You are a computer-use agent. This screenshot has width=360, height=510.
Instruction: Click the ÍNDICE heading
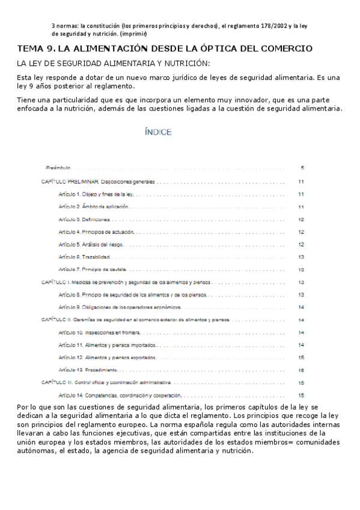pyautogui.click(x=158, y=132)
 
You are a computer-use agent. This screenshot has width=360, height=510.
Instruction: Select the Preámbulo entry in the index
pyautogui.click(x=58, y=167)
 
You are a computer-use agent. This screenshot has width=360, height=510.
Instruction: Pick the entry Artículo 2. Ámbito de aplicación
pyautogui.click(x=93, y=206)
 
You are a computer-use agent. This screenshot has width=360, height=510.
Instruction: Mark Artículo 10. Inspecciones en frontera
pyautogui.click(x=99, y=332)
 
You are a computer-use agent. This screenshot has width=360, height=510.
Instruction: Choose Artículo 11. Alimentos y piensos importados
pyautogui.click(x=108, y=345)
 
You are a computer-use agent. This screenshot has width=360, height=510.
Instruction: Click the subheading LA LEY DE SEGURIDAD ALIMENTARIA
pyautogui.click(x=114, y=63)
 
